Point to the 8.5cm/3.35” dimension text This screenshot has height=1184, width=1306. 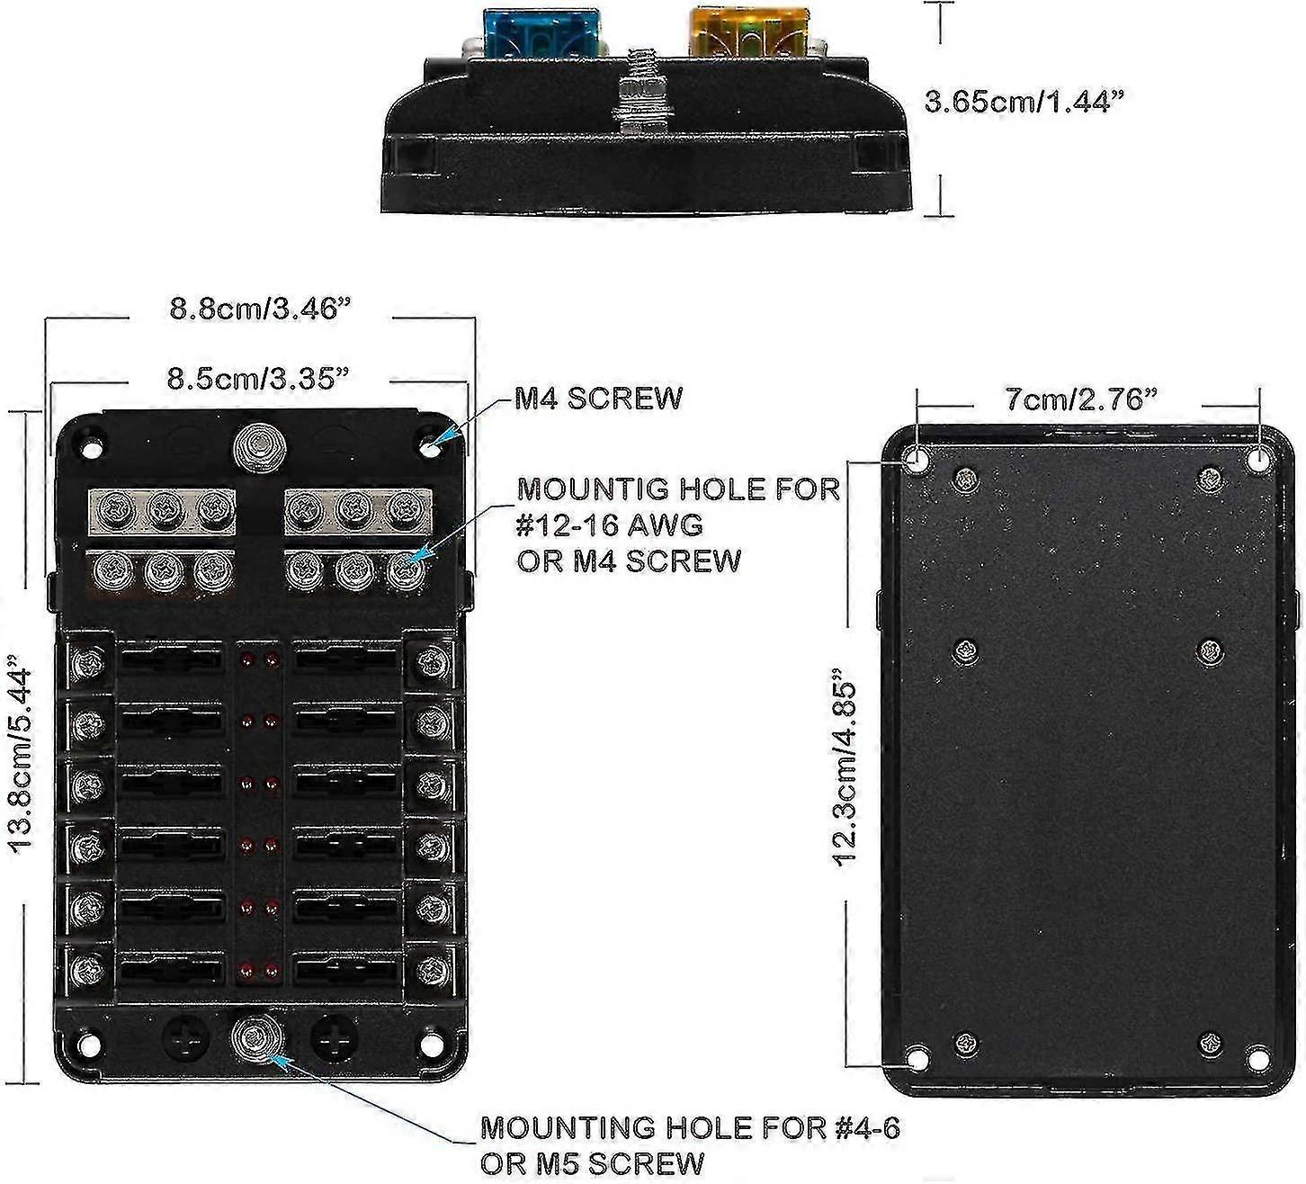258,378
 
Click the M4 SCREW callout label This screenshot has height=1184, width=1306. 598,398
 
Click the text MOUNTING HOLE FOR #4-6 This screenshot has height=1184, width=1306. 690,1126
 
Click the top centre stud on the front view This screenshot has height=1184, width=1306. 258,446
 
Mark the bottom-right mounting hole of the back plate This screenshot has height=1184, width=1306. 1257,1058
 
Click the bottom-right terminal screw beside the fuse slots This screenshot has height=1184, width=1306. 433,970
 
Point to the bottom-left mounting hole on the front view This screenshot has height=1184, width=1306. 89,1045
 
